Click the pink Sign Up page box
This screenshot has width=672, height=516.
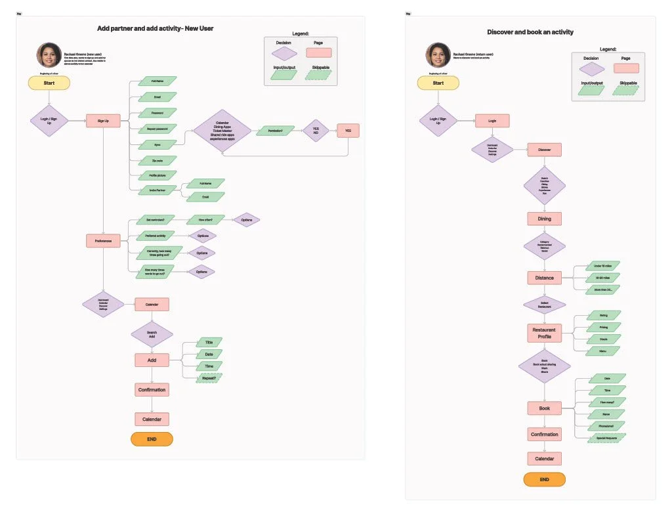click(x=103, y=121)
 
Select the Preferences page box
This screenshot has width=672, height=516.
click(x=103, y=241)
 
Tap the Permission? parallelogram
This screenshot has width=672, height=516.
click(x=279, y=131)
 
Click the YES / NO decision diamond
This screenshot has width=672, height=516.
click(x=316, y=131)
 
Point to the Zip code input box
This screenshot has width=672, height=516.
click(x=157, y=160)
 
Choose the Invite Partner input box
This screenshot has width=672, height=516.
click(x=157, y=190)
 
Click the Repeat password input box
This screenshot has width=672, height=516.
click(x=157, y=129)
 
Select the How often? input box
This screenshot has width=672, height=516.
click(x=205, y=219)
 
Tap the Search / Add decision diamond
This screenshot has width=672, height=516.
click(x=152, y=333)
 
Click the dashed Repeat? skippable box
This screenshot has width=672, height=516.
click(x=209, y=377)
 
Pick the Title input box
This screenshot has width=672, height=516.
click(x=209, y=342)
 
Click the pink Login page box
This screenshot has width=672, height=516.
click(x=492, y=121)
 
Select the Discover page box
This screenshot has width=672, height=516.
click(x=544, y=150)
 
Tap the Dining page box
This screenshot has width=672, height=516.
click(x=544, y=219)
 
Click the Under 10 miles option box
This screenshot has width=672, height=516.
click(x=602, y=266)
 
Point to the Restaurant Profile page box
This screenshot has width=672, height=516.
click(x=544, y=333)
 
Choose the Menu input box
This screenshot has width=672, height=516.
click(x=602, y=351)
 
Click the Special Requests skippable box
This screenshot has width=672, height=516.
click(x=606, y=437)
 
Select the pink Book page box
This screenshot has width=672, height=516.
click(x=544, y=408)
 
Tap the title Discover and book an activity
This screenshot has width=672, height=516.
click(x=530, y=32)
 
